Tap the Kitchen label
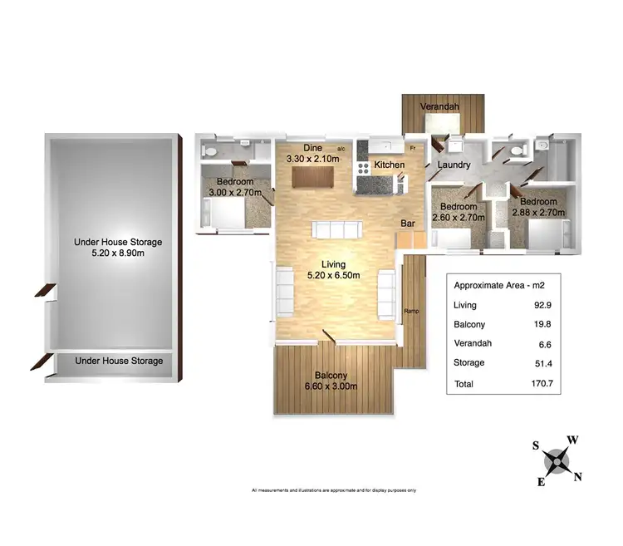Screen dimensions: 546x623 click(x=389, y=165)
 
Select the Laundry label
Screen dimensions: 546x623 click(x=454, y=165)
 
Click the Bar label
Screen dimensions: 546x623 click(x=408, y=224)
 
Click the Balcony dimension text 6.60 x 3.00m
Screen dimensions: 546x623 click(x=331, y=386)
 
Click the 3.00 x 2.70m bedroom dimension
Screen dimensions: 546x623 click(x=233, y=193)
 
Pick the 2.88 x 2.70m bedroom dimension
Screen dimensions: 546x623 click(x=541, y=213)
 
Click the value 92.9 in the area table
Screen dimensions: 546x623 click(x=546, y=306)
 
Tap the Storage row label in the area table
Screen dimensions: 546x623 click(x=469, y=363)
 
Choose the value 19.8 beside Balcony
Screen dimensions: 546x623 click(x=546, y=325)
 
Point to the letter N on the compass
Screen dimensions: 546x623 click(x=578, y=476)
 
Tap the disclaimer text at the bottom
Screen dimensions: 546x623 click(x=334, y=490)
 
